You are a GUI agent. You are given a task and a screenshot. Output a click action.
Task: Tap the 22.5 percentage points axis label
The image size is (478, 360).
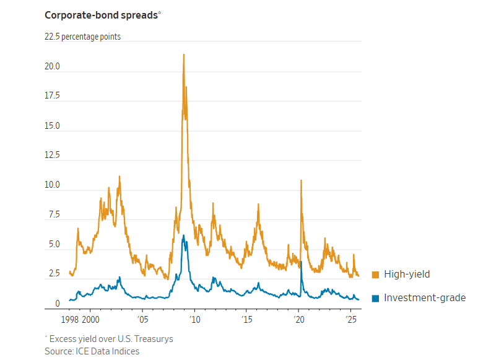[82, 37]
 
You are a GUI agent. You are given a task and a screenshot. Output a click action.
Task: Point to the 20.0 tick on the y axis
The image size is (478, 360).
[52, 66]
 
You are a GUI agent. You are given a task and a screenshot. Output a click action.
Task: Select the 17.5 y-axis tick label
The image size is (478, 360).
[52, 96]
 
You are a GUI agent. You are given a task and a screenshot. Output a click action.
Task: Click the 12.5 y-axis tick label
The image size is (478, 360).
[52, 156]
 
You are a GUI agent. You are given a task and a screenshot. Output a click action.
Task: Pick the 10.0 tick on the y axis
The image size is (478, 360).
[52, 185]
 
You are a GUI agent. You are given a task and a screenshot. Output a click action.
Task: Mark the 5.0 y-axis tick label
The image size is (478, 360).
[52, 245]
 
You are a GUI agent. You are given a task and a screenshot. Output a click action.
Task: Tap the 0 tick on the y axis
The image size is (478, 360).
[57, 304]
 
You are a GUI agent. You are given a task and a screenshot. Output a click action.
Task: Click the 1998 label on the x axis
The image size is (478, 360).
[69, 320]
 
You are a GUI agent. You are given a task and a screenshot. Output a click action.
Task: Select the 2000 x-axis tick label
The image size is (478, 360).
[90, 320]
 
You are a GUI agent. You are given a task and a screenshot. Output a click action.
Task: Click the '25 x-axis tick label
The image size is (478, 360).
[350, 320]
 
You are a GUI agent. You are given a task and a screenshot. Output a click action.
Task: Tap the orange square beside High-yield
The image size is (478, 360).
[375, 274]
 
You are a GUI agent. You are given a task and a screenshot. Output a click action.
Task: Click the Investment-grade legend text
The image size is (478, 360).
[425, 298]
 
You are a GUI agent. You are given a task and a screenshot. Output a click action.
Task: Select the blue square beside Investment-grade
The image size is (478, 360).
[375, 298]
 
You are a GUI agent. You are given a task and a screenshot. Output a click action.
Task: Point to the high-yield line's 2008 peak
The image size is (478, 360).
[184, 55]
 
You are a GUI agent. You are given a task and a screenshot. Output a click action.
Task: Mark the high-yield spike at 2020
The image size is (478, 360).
[301, 180]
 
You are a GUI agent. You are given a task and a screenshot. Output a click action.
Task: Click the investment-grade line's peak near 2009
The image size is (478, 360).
[184, 235]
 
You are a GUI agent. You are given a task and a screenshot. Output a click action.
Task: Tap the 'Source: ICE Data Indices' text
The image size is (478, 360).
[92, 351]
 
